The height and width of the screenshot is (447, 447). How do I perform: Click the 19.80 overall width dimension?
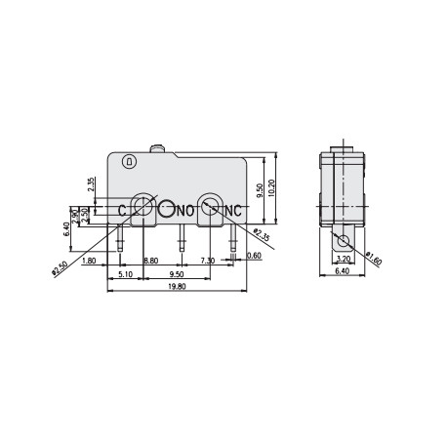177,287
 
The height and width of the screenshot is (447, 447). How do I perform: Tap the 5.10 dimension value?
124,273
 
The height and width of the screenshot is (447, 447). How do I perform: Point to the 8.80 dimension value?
151,262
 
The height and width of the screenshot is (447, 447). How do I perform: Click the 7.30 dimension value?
207,262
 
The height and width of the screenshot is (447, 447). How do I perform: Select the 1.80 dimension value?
90,262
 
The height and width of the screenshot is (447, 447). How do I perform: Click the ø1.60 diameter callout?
374,260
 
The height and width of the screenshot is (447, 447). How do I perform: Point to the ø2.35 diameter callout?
259,235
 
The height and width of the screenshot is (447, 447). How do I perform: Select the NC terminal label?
232,210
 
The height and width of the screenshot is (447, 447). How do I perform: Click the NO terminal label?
184,210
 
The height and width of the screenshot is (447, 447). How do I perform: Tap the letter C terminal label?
122,210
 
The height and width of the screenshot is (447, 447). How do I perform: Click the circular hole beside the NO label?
167,208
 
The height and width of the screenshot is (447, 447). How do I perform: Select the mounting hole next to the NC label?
210,208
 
